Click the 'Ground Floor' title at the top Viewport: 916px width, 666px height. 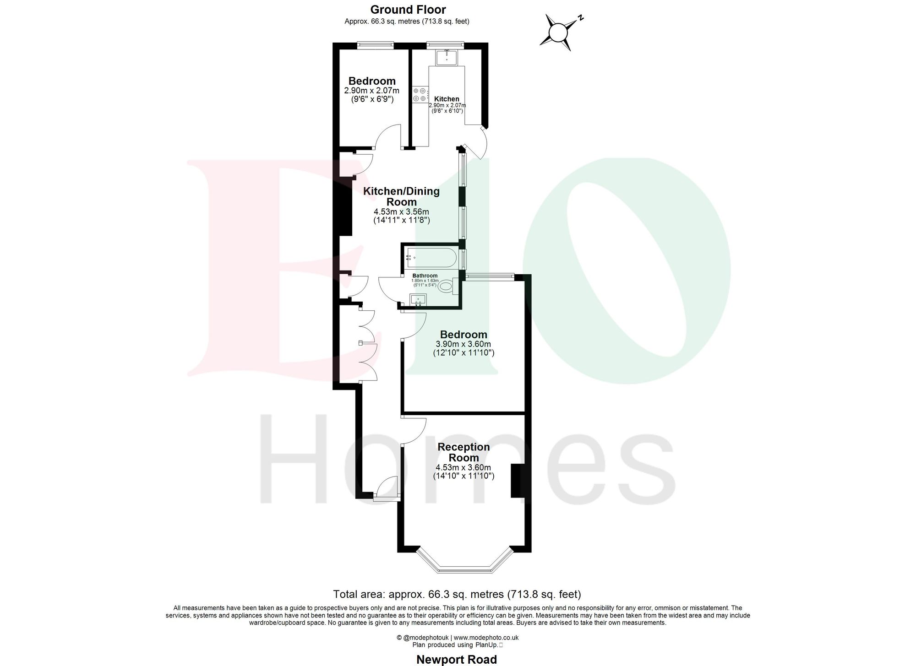(x=408, y=10)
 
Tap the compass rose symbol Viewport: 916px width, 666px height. (x=558, y=32)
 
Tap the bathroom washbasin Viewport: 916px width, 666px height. (x=418, y=300)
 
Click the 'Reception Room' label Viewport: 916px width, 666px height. (x=463, y=452)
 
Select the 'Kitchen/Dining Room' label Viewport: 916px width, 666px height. (x=401, y=196)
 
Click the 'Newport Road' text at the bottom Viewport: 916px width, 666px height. (x=456, y=660)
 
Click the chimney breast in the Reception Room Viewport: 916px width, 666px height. (x=518, y=481)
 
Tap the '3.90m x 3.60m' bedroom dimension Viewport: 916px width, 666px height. (x=463, y=344)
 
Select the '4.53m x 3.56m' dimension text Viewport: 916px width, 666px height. (x=401, y=212)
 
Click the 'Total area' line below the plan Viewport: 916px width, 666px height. (x=457, y=594)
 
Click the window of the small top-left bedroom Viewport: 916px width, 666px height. (x=375, y=45)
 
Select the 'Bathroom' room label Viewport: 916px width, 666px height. (x=425, y=276)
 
